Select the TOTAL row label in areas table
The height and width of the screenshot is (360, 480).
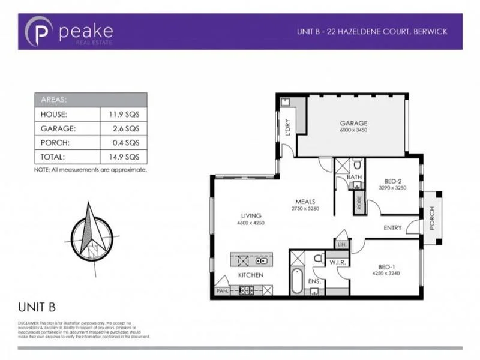point(52,156)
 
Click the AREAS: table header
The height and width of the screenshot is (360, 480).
point(55,100)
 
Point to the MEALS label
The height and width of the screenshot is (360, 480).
point(305,202)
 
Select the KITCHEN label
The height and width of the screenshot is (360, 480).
point(251,275)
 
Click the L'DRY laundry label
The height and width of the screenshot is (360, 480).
point(289,128)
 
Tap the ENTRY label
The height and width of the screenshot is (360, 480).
point(394,227)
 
